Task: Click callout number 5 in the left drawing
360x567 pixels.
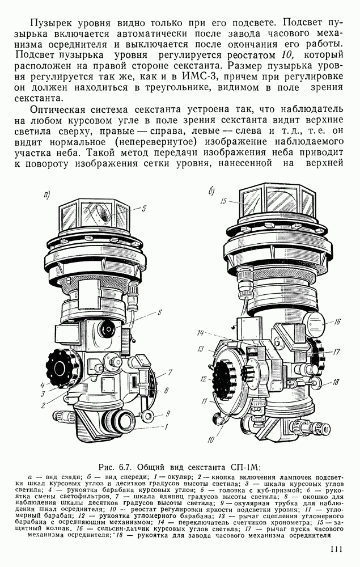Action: click(144, 208)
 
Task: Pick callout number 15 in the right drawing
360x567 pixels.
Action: click(223, 201)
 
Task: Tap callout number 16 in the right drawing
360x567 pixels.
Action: click(337, 321)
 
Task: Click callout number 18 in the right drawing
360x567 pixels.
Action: click(336, 381)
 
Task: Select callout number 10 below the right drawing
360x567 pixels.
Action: click(211, 440)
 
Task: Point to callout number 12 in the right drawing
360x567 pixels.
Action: click(203, 379)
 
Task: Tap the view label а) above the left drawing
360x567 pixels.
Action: click(46, 195)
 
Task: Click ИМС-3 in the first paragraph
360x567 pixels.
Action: click(198, 77)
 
